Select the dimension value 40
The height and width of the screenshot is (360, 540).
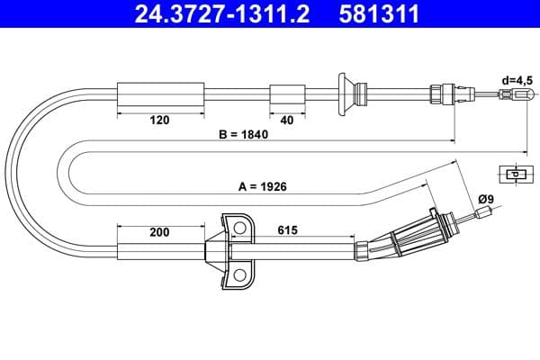click(x=287, y=119)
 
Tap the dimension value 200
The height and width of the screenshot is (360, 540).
click(x=160, y=232)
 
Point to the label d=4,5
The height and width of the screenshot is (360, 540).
click(x=517, y=78)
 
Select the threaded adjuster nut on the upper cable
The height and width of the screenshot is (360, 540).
click(x=440, y=93)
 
